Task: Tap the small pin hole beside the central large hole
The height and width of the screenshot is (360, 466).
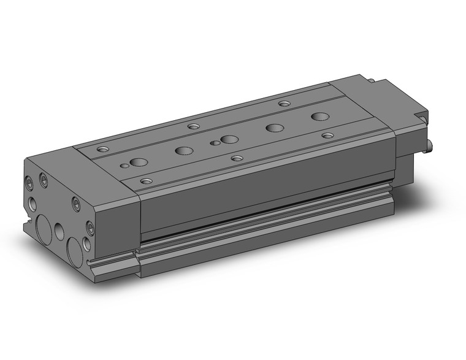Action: click(x=214, y=143)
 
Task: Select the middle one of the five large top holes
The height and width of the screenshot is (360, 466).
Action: click(x=229, y=139)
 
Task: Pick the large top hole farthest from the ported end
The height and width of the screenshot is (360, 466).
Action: click(x=319, y=117)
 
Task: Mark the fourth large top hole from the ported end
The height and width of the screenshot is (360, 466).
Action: click(x=274, y=128)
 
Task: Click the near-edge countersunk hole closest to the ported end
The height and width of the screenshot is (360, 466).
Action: click(x=147, y=180)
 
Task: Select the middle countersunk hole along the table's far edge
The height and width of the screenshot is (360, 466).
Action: click(x=194, y=126)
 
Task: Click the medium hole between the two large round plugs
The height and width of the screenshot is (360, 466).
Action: click(x=59, y=231)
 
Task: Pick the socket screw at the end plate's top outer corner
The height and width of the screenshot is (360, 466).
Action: click(x=29, y=182)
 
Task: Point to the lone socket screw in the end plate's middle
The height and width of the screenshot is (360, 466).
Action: click(x=75, y=204)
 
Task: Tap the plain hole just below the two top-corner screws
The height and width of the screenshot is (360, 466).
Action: click(x=31, y=202)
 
